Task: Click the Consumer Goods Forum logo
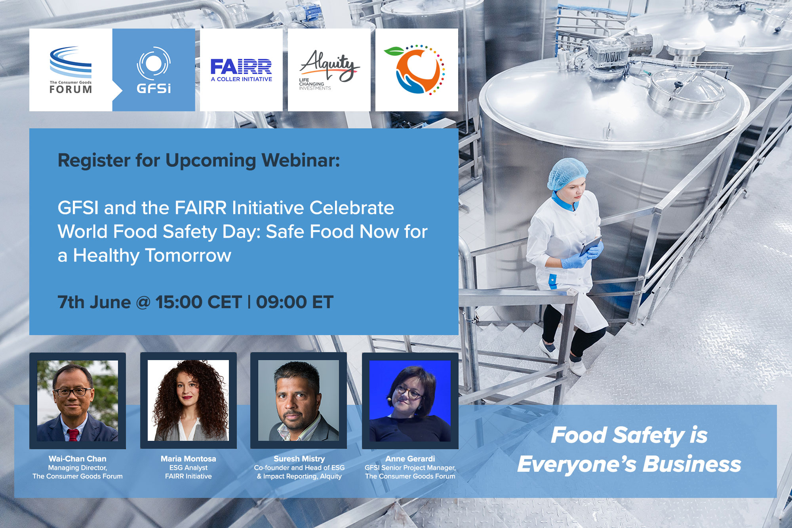[x=70, y=70]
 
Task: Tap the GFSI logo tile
[x=154, y=70]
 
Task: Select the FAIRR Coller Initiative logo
[x=241, y=70]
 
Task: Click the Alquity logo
[x=329, y=70]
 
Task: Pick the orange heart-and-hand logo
[x=417, y=70]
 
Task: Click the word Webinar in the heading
[x=301, y=160]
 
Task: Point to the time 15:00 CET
[x=198, y=302]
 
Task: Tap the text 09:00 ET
[x=295, y=302]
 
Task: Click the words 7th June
[x=94, y=302]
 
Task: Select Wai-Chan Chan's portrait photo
[x=78, y=400]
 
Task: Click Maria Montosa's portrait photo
[x=188, y=400]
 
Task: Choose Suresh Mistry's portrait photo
[x=299, y=400]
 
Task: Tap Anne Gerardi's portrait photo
[x=410, y=400]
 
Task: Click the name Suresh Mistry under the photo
[x=299, y=459]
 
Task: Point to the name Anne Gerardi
[x=410, y=459]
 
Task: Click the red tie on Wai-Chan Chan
[x=73, y=435]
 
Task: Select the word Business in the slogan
[x=691, y=464]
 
